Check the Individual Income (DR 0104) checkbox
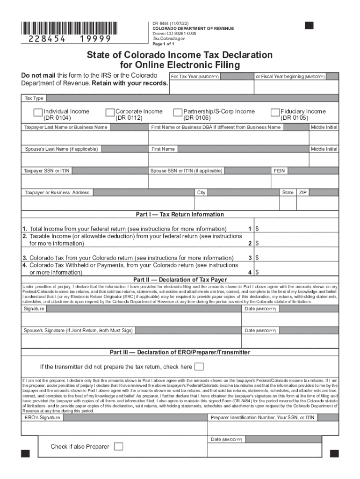pyautogui.click(x=38, y=112)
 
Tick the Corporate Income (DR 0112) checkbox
pyautogui.click(x=110, y=112)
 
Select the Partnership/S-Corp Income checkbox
pyautogui.click(x=178, y=112)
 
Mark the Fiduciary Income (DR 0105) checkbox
pyautogui.click(x=275, y=112)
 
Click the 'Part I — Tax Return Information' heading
pyautogui.click(x=180, y=214)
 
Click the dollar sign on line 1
pyautogui.click(x=257, y=229)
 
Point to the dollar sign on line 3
pyautogui.click(x=257, y=258)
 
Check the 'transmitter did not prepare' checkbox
pyautogui.click(x=199, y=366)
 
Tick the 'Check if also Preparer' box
pyautogui.click(x=119, y=446)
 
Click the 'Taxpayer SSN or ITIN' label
pyautogui.click(x=47, y=171)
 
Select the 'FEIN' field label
pyautogui.click(x=280, y=171)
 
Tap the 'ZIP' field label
pyautogui.click(x=302, y=192)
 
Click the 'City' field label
pyautogui.click(x=201, y=192)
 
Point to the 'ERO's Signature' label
pyautogui.click(x=42, y=417)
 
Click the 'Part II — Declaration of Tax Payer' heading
pyautogui.click(x=180, y=280)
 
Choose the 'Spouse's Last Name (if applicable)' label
pyautogui.click(x=61, y=149)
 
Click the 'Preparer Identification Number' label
pyautogui.click(x=262, y=417)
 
